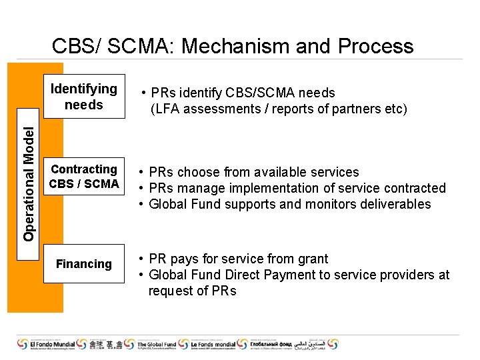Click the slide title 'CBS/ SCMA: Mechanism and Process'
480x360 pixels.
(x=233, y=46)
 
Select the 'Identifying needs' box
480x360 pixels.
(x=84, y=97)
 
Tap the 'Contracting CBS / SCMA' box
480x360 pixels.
(x=84, y=177)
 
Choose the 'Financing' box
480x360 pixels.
(x=84, y=264)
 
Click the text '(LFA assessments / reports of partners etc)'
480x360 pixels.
(x=278, y=109)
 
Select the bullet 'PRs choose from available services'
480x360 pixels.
(x=253, y=172)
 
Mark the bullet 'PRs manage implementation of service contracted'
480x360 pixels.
(x=297, y=188)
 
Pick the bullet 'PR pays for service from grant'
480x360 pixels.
(x=238, y=259)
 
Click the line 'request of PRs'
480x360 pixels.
(x=192, y=291)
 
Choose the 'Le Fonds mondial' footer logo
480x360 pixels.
(x=222, y=345)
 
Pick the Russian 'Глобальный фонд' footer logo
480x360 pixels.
(x=280, y=345)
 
